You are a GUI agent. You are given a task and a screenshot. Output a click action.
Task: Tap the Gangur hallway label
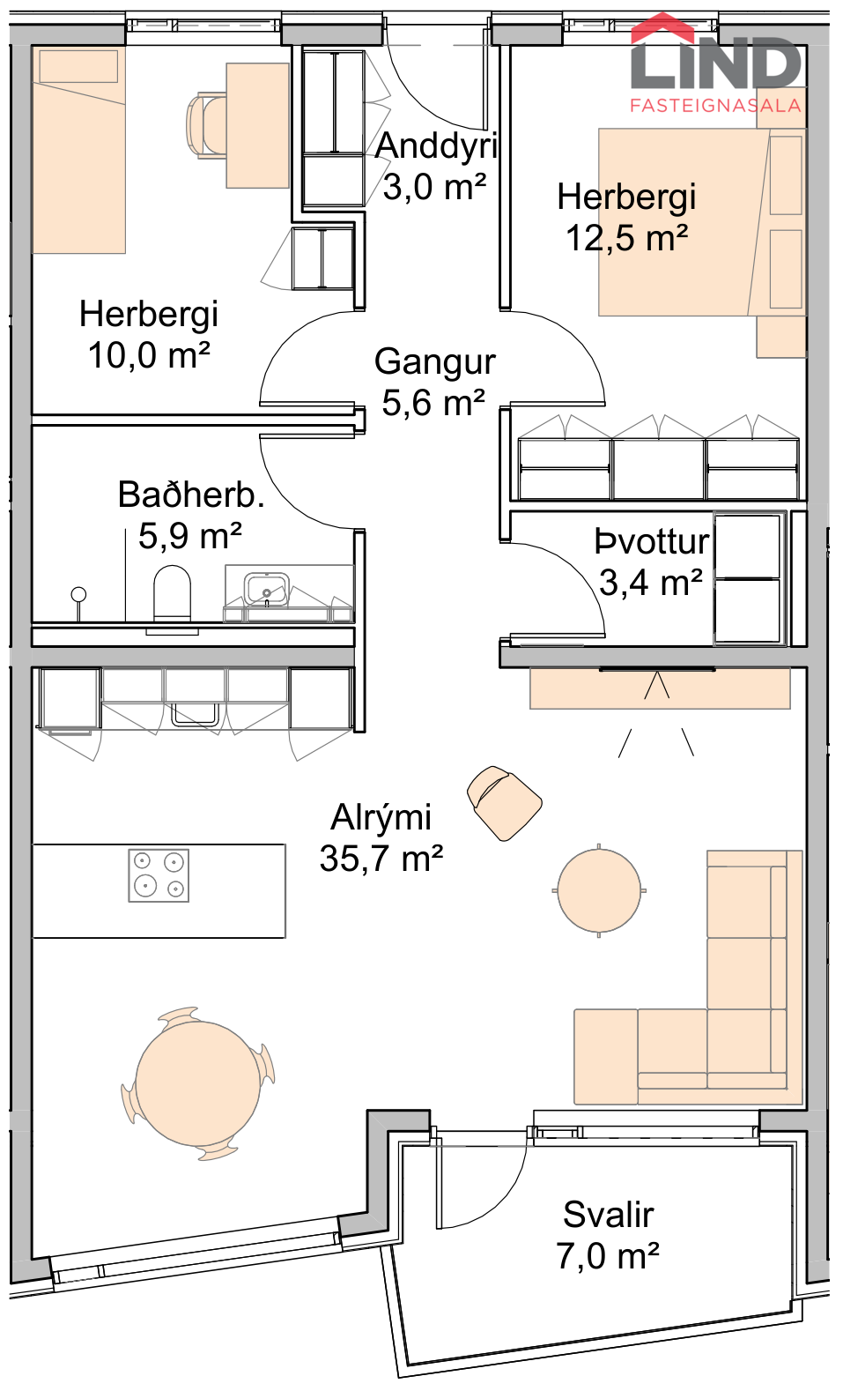(x=434, y=362)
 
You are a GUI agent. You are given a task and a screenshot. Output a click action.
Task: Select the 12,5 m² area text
(x=627, y=239)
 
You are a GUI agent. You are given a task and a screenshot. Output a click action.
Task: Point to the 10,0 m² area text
(x=149, y=356)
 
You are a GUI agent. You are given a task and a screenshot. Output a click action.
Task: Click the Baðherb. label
(x=191, y=495)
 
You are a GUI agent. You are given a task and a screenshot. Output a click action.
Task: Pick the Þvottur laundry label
(x=652, y=542)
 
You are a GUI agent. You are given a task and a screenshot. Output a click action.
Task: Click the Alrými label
(x=381, y=818)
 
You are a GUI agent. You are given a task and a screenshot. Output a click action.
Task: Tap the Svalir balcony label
(x=609, y=1215)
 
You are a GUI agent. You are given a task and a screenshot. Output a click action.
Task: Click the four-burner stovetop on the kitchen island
(x=159, y=875)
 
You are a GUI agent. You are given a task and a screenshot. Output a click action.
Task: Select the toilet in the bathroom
(x=172, y=593)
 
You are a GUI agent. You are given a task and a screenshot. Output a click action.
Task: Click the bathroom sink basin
(x=266, y=589)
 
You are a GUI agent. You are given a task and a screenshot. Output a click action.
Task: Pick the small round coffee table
(x=599, y=890)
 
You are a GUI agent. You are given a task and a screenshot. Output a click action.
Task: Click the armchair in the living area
(x=504, y=802)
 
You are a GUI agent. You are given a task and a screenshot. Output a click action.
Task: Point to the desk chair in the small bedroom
(x=206, y=125)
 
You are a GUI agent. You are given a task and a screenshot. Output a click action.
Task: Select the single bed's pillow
(x=78, y=66)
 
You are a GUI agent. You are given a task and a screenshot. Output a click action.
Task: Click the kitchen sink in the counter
(x=195, y=714)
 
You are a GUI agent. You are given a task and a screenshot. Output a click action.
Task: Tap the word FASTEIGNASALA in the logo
(x=715, y=106)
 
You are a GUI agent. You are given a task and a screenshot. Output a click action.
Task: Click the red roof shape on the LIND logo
(x=662, y=27)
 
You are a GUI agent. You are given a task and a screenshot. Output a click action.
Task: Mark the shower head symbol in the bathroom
(x=78, y=595)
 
